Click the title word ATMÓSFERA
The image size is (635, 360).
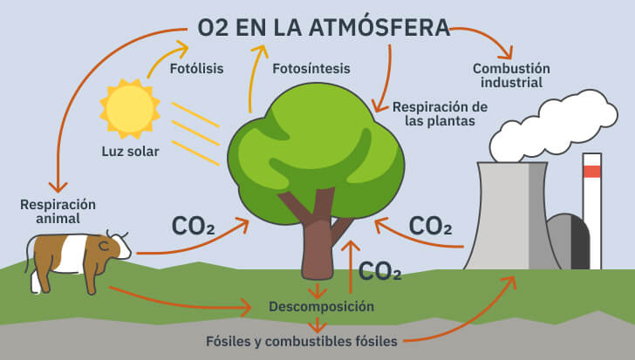(x=379, y=28)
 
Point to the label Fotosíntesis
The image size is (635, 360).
(x=311, y=68)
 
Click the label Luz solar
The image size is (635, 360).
(x=131, y=152)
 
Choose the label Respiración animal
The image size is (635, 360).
(x=58, y=212)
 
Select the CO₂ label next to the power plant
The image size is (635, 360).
(x=430, y=226)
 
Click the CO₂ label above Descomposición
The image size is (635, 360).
(x=380, y=271)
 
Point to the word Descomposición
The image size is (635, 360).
(x=321, y=306)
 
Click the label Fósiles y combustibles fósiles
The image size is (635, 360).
(x=302, y=341)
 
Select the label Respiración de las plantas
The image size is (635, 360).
(x=439, y=114)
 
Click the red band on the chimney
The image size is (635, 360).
(x=592, y=172)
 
